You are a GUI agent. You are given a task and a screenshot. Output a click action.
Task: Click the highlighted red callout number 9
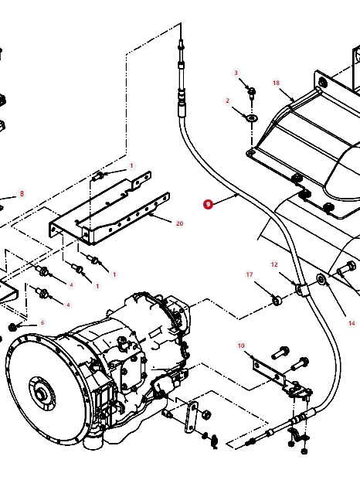pos(208,204)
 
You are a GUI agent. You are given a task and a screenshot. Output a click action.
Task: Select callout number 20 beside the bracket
pos(179,223)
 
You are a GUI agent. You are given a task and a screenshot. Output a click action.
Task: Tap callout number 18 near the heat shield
pos(276,83)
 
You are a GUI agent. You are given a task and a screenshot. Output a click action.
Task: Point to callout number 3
pos(236,73)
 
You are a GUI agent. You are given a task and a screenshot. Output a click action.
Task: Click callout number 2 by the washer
pos(227,100)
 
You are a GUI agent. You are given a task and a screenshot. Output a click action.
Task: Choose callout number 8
pos(22,194)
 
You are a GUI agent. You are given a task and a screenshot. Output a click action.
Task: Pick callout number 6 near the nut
pos(42,322)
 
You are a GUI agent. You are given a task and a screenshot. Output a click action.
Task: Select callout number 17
pos(250,274)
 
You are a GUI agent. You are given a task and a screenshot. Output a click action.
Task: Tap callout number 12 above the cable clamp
pos(274,264)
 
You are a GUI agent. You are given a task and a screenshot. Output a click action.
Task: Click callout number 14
pos(352,323)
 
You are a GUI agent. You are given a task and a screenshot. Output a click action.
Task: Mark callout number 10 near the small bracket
pos(241,346)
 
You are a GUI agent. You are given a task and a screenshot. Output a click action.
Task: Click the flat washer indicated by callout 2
pos(252,117)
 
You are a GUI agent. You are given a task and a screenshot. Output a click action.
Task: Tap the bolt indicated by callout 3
pos(252,93)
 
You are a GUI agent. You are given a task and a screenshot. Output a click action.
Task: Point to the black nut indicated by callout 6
pos(12,327)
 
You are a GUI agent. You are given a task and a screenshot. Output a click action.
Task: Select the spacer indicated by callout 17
pos(277,301)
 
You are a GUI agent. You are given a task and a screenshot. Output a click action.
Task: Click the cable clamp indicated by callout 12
pos(301,290)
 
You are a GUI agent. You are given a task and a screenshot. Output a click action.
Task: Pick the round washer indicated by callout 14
pos(321,279)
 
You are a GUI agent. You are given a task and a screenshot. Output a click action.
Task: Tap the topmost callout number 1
pos(131,166)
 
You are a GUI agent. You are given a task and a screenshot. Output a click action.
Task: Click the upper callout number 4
pos(71,285)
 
